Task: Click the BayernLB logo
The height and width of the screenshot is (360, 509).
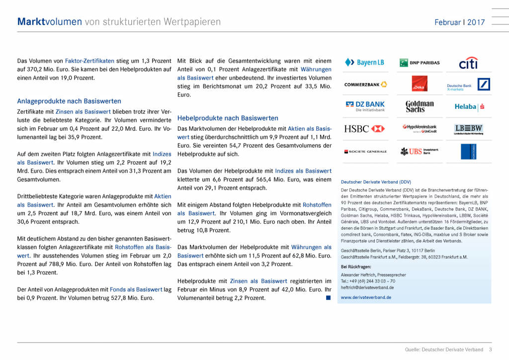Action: [364, 63]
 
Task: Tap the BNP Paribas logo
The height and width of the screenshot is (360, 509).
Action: [420, 63]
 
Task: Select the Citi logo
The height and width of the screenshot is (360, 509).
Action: [468, 63]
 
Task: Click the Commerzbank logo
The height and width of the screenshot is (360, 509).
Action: [366, 85]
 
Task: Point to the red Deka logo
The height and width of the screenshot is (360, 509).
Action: [420, 84]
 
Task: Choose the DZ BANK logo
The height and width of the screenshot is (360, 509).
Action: [366, 106]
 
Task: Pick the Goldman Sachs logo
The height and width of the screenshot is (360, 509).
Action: [420, 106]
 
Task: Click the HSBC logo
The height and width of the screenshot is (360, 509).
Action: [364, 129]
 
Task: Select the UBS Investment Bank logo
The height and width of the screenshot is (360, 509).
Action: [420, 151]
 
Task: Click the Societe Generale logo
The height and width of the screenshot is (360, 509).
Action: [365, 151]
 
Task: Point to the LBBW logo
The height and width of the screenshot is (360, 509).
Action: [468, 129]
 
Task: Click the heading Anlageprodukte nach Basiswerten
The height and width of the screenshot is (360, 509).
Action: [69, 101]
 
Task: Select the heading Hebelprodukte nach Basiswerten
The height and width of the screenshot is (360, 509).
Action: [228, 118]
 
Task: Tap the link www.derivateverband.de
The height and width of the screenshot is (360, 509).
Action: [366, 297]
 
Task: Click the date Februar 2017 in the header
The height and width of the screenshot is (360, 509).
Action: [459, 22]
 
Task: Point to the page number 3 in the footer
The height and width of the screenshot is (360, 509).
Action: [490, 350]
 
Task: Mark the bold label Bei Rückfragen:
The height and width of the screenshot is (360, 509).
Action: [356, 267]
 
